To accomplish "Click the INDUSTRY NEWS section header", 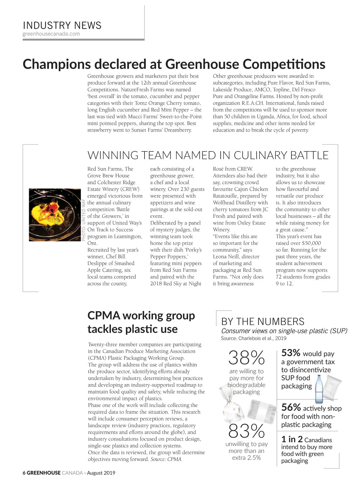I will point(62,25).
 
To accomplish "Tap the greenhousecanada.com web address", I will point(51,34).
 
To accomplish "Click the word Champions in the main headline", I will point(57,64).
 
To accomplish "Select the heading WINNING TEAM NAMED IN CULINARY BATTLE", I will point(208,155).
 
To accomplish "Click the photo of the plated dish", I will point(55,215).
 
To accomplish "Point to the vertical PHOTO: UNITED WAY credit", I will point(84,220).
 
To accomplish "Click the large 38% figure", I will point(246,358).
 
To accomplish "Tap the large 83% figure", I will point(246,431).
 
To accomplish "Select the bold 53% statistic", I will point(291,353).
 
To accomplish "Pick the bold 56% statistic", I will point(291,407).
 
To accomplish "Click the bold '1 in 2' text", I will point(292,440).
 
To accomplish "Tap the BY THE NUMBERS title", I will point(262,322).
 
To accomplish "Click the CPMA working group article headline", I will point(141,322).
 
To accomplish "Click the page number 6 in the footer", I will point(24,473).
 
